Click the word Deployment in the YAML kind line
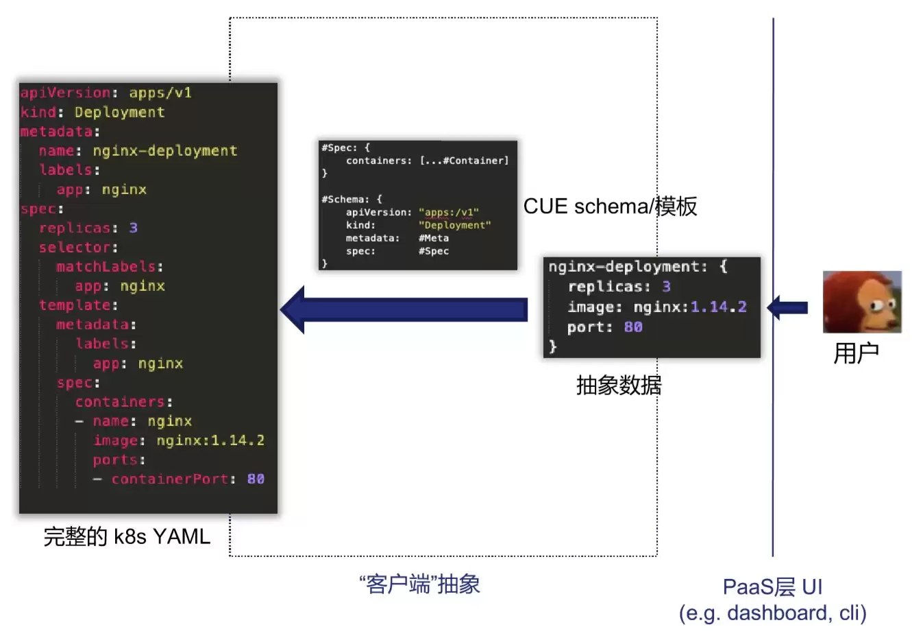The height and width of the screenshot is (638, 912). coord(120,112)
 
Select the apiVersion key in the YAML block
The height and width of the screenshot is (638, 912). coord(65,93)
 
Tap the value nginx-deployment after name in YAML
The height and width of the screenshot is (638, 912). coord(165,151)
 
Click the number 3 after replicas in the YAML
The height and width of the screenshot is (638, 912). coord(133,228)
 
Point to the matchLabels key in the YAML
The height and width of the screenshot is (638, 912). coord(106,267)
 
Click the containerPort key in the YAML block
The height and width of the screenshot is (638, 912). coord(169,479)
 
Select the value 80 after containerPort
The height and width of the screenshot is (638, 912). coord(256,479)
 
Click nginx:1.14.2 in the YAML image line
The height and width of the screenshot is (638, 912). coord(210,440)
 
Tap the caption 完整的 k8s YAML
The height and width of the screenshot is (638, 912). coord(127,536)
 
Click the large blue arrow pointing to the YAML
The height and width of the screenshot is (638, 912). coord(404,310)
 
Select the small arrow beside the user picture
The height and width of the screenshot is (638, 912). coord(787,308)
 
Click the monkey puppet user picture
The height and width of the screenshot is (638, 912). coord(862,302)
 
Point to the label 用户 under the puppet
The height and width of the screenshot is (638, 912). coord(856,353)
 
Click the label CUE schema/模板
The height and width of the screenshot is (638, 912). coord(610,206)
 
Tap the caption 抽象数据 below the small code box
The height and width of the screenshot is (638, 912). coord(619,386)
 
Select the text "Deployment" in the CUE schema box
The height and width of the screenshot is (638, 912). coord(455,226)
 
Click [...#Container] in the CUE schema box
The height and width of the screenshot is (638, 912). coord(464,161)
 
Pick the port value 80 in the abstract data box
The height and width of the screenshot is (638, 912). coord(633,327)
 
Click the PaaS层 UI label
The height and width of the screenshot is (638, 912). coord(772,587)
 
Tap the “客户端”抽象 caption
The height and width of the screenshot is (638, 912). coord(420,584)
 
